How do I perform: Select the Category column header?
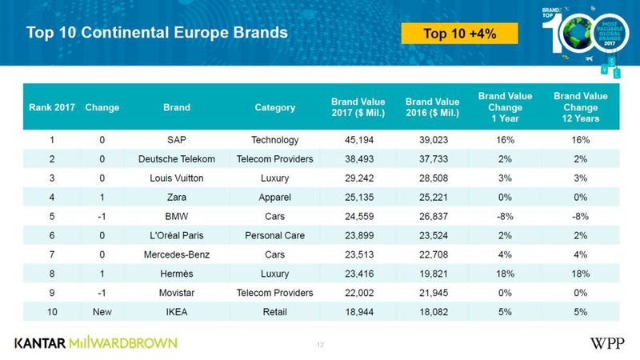[x=274, y=107]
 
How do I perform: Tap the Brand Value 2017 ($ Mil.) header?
[x=358, y=107]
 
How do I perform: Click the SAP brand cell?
[x=176, y=140]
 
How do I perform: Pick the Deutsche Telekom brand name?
[x=176, y=159]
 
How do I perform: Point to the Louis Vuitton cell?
[x=176, y=178]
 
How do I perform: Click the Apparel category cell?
[x=274, y=197]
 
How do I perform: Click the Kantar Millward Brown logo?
[x=96, y=342]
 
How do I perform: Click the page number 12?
[x=320, y=345]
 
